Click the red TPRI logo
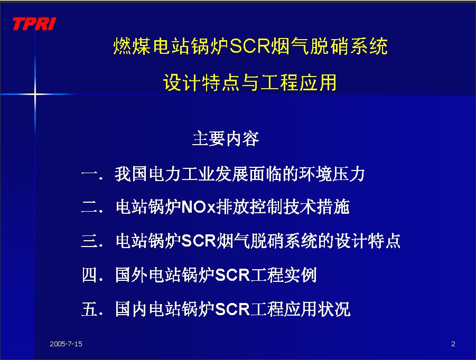34,24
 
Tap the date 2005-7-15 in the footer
66,344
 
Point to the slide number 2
453,344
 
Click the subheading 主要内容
226,139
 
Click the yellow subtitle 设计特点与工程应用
250,82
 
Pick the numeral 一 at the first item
90,174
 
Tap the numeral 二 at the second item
90,207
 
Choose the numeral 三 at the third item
90,241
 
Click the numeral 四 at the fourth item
90,275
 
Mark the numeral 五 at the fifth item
90,309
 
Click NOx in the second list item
198,207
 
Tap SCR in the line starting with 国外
232,275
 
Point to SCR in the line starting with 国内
232,309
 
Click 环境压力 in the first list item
332,174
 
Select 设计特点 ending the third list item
368,241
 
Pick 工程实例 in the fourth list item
283,275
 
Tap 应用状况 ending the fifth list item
317,309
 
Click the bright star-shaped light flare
35,94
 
